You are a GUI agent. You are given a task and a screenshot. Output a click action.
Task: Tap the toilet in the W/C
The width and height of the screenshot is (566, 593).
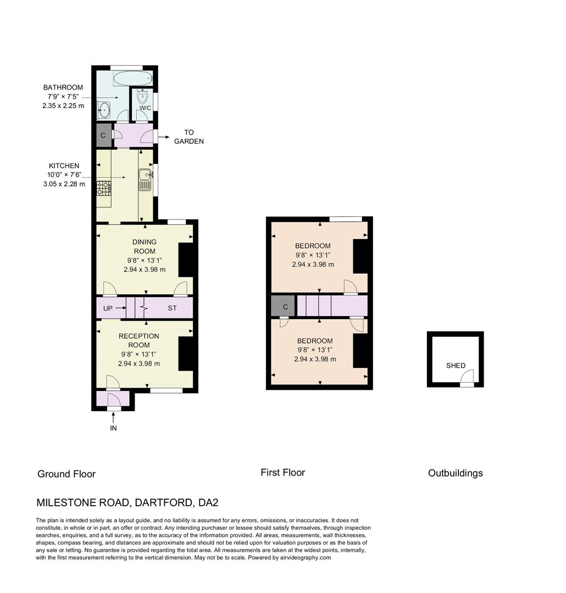143,97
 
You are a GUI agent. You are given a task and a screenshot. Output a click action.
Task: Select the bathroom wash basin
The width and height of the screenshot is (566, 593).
104,110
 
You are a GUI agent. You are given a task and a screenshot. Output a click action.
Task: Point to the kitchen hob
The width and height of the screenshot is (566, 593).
103,188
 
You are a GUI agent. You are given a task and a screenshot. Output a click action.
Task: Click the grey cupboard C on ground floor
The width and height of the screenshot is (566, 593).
103,135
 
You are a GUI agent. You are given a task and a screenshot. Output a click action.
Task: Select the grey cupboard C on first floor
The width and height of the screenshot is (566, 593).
284,306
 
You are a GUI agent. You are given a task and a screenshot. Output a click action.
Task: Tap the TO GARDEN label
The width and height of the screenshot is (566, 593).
189,137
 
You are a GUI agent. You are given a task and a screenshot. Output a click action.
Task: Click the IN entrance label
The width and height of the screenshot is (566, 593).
113,428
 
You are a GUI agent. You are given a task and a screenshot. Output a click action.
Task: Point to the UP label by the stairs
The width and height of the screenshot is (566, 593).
108,309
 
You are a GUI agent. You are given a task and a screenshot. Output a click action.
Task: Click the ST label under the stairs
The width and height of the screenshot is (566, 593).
172,309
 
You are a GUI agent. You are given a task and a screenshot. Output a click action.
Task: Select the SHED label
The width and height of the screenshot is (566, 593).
456,366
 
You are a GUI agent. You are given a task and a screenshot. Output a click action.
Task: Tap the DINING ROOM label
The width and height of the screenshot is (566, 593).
144,247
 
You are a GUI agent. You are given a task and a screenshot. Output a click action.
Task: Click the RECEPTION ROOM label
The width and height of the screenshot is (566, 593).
139,340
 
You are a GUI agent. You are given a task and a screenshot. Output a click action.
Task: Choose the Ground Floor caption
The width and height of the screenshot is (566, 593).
66,474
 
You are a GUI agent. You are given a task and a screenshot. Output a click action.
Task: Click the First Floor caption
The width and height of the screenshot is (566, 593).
282,473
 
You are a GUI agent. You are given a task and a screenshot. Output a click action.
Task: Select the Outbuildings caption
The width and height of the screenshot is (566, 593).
455,473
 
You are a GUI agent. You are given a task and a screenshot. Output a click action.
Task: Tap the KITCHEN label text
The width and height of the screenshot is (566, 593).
64,166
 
